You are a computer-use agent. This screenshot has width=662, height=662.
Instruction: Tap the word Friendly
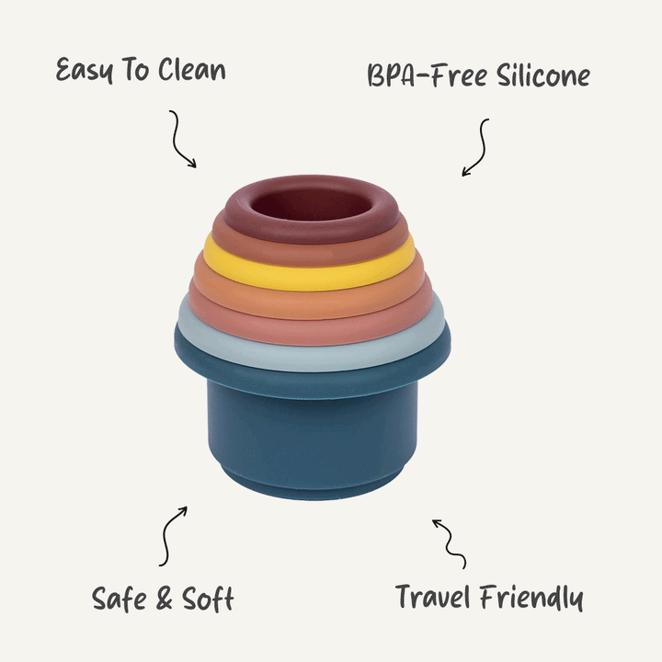(534, 598)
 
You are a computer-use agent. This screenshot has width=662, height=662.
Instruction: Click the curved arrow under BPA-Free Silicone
(476, 147)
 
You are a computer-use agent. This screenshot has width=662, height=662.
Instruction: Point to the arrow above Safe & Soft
(172, 535)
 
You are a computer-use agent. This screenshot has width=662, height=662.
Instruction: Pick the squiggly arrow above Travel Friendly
(450, 542)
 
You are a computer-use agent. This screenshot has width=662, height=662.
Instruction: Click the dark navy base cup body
(313, 441)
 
